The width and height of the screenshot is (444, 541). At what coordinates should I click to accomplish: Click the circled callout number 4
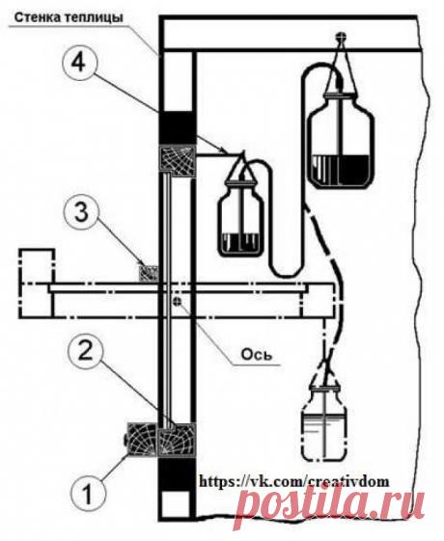pyautogui.click(x=80, y=64)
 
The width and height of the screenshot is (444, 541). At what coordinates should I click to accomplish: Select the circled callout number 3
pyautogui.click(x=81, y=213)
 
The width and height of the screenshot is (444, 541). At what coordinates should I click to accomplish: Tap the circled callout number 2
pyautogui.click(x=86, y=352)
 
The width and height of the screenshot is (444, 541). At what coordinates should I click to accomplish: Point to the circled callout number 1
pyautogui.click(x=88, y=495)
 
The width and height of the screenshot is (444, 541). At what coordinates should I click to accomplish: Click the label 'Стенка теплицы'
pyautogui.click(x=69, y=17)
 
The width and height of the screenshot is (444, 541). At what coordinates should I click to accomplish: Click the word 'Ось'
pyautogui.click(x=256, y=355)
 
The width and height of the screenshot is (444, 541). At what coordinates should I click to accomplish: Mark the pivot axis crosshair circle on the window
pyautogui.click(x=178, y=301)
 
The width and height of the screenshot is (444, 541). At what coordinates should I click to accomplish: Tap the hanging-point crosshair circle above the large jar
pyautogui.click(x=342, y=36)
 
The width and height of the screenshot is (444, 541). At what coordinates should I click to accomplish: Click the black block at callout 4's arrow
pyautogui.click(x=176, y=128)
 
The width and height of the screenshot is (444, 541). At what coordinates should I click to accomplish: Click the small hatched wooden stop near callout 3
pyautogui.click(x=149, y=273)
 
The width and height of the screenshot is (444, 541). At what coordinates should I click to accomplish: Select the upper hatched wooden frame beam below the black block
pyautogui.click(x=177, y=162)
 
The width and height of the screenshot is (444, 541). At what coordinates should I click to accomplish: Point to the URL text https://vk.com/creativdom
pyautogui.click(x=293, y=480)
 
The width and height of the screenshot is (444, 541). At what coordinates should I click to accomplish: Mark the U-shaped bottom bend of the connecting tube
pyautogui.click(x=288, y=270)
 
